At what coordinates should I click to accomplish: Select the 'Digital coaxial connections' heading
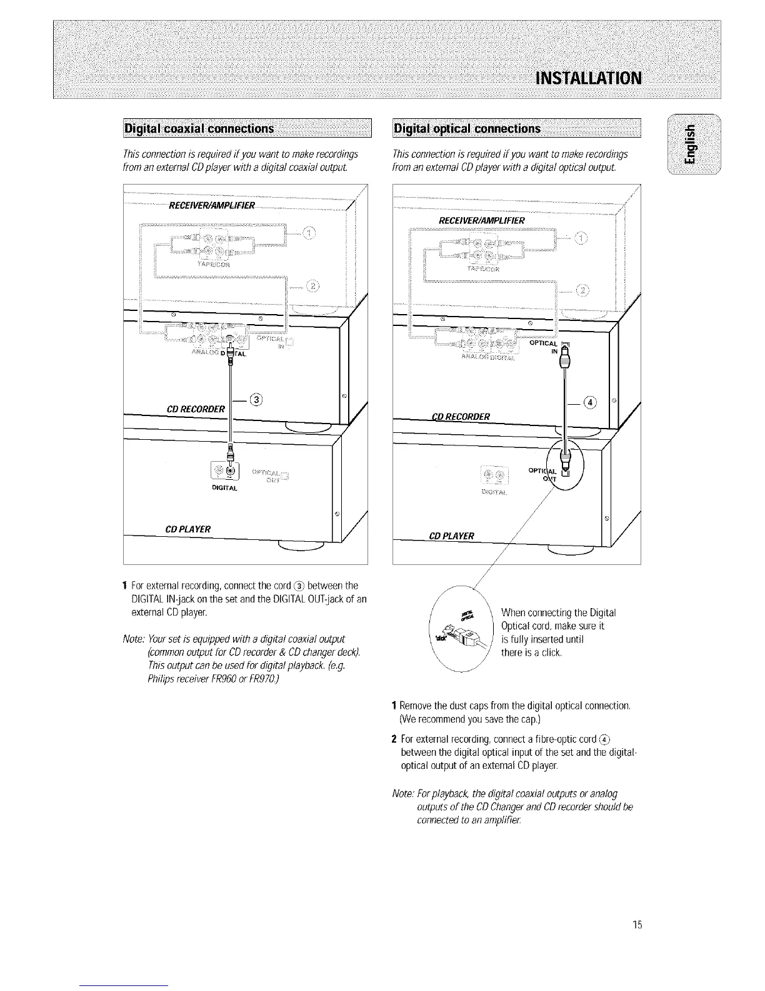199,129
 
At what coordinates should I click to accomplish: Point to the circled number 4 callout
588,402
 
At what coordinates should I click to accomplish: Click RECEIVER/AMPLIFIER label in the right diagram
482,220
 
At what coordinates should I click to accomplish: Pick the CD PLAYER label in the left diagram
187,529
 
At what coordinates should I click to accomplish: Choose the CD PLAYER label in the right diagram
452,536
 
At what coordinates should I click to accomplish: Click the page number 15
637,925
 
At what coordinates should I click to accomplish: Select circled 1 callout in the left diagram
309,234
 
